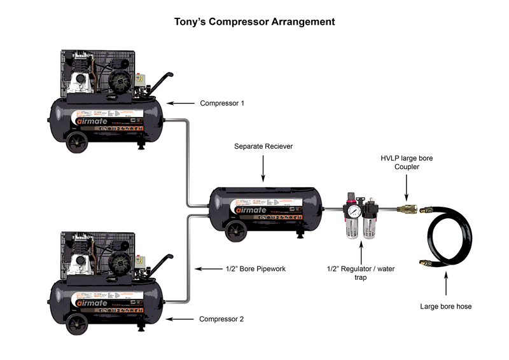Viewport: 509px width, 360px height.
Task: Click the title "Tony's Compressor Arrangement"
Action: pos(254,22)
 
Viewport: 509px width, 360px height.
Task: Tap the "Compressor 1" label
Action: pos(222,103)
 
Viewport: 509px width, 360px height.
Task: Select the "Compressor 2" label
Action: pos(221,319)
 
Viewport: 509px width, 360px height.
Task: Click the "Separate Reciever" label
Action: pos(263,147)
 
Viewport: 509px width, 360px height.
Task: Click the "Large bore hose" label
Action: pos(445,307)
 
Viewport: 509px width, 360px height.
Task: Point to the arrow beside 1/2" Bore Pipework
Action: pos(209,269)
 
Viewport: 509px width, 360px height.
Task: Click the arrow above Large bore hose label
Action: pos(445,284)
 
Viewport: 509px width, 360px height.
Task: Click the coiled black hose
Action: pos(445,239)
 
